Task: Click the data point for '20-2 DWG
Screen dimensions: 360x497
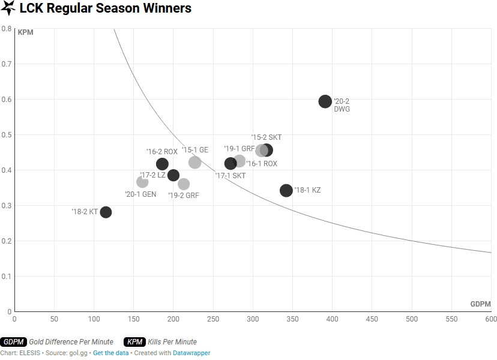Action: click(325, 101)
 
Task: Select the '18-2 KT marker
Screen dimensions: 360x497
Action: click(106, 212)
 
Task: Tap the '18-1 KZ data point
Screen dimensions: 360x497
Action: click(286, 190)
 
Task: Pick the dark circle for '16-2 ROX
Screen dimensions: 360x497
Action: click(162, 164)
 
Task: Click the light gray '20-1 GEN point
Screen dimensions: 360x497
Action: click(142, 182)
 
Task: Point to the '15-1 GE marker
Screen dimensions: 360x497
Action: click(195, 162)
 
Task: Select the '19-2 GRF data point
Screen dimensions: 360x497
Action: click(184, 184)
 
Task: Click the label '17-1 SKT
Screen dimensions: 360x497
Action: click(230, 176)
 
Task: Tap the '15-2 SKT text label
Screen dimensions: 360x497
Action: click(267, 137)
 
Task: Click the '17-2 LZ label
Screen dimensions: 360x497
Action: click(152, 175)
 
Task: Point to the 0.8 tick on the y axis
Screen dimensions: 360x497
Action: click(7, 29)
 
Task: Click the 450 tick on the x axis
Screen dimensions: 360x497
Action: click(372, 319)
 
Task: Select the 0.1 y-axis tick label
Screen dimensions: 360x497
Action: click(7, 277)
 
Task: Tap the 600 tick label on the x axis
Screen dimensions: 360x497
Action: click(491, 319)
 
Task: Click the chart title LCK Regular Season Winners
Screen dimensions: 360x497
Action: click(106, 8)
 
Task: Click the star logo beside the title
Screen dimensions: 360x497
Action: click(8, 8)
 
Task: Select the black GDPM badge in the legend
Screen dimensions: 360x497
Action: click(13, 341)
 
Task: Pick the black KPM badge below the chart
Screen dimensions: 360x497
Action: click(135, 341)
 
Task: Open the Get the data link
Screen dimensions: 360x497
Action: click(110, 353)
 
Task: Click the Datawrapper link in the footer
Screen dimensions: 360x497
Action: click(191, 353)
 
